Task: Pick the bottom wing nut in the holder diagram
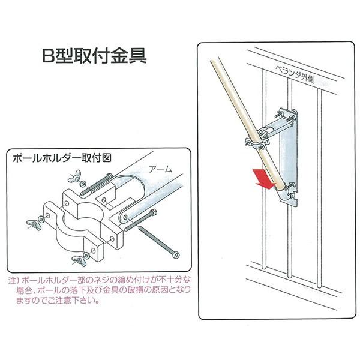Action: [77, 259]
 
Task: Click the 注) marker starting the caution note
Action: [13, 280]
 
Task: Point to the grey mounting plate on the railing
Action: [289, 156]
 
